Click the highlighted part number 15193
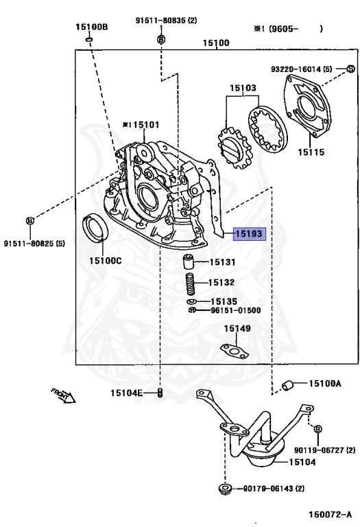click(250, 233)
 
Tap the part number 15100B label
click(91, 27)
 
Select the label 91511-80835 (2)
click(166, 21)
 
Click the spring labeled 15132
click(191, 284)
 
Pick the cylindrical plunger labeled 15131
click(189, 262)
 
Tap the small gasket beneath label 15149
click(235, 351)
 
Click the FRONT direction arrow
click(63, 395)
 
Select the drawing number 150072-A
click(330, 514)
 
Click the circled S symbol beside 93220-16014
click(350, 69)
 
